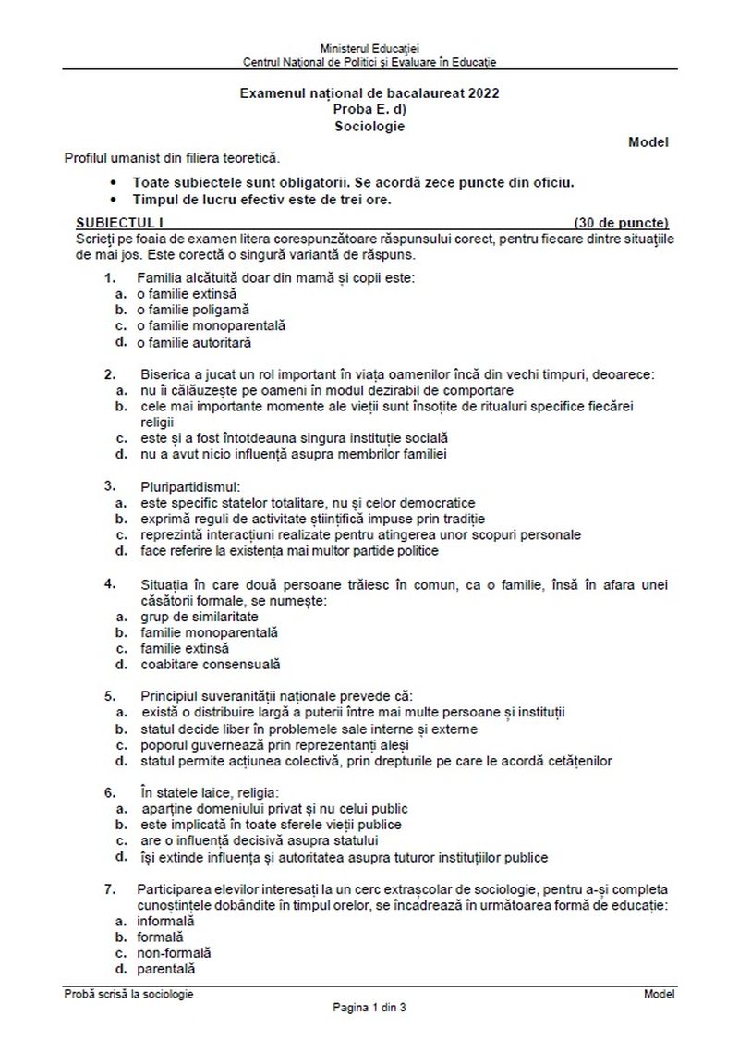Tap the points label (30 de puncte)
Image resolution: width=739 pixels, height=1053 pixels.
point(621,223)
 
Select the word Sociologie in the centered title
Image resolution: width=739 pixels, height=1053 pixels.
point(369,127)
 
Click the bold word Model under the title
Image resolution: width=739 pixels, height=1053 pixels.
point(648,142)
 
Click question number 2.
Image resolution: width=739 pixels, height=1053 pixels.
point(109,374)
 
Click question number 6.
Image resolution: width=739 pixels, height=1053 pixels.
point(109,792)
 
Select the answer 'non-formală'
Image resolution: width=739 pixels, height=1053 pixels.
point(174,952)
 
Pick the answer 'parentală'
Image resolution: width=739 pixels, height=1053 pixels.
point(167,969)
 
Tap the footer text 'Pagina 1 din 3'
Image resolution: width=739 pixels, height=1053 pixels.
point(369,1008)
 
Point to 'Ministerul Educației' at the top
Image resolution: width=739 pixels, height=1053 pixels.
point(369,47)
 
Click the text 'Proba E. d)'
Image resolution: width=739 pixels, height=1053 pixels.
point(369,110)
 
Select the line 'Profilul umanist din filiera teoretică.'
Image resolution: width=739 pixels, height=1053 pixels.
point(171,159)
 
